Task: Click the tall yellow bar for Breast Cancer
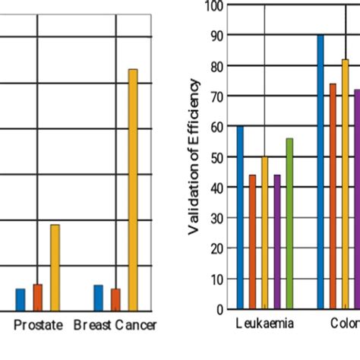tap(133, 190)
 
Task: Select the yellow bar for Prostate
tap(55, 267)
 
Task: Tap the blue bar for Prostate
tap(21, 299)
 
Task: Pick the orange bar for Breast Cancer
tap(115, 299)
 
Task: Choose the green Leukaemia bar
tap(289, 224)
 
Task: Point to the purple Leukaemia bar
tap(277, 242)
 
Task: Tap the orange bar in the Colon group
tap(333, 197)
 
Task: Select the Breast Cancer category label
tap(115, 326)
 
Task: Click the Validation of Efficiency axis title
tap(194, 156)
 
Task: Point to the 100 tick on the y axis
tap(214, 6)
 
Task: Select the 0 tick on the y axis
tap(219, 309)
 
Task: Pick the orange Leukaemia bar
tap(252, 242)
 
